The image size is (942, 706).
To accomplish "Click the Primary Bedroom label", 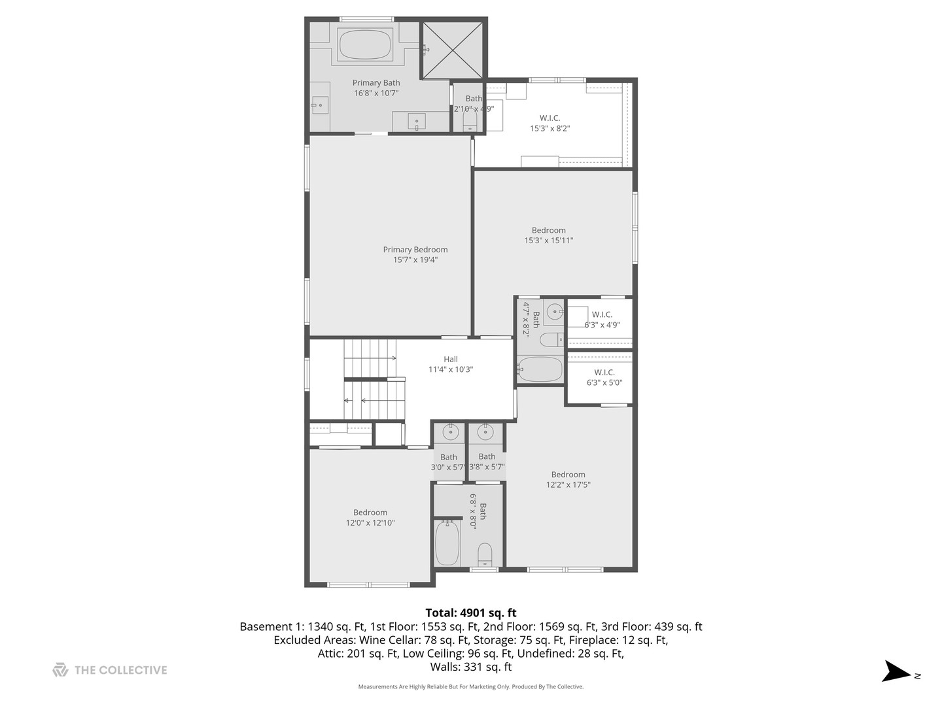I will pyautogui.click(x=415, y=250).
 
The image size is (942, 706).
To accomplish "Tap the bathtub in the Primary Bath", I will pyautogui.click(x=365, y=44).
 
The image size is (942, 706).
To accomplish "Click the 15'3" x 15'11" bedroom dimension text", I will pyautogui.click(x=548, y=241).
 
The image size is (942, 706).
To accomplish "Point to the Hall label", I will pyautogui.click(x=451, y=360).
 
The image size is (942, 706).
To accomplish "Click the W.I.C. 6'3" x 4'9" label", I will pyautogui.click(x=602, y=320).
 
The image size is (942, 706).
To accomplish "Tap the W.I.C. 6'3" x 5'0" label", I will pyautogui.click(x=604, y=377).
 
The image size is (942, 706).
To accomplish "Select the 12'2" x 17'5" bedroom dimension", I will pyautogui.click(x=568, y=485).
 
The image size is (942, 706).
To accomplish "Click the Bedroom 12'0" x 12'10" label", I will pyautogui.click(x=370, y=518).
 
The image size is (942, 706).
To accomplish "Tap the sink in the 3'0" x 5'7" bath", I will pyautogui.click(x=450, y=432).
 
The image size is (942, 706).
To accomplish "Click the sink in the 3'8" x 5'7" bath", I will pyautogui.click(x=485, y=432).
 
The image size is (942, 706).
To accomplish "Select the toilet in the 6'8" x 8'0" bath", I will pyautogui.click(x=485, y=554).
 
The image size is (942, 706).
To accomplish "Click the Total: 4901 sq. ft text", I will pyautogui.click(x=470, y=613).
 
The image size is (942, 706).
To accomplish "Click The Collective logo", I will pyautogui.click(x=110, y=670).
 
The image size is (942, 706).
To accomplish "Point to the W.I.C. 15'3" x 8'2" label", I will pyautogui.click(x=549, y=123).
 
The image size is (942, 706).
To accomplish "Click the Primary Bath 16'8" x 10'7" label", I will pyautogui.click(x=376, y=88).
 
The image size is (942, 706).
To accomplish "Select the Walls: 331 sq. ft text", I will pyautogui.click(x=470, y=667).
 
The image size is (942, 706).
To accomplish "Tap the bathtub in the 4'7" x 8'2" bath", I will pyautogui.click(x=540, y=370).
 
